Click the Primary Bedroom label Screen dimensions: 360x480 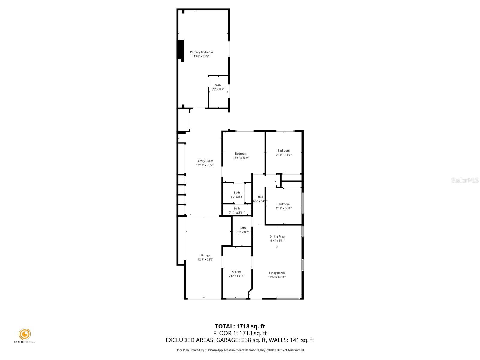tap(201, 52)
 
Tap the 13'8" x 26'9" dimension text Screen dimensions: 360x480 tap(201, 56)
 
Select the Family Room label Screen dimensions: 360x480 tap(205, 161)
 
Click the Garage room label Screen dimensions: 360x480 tap(205, 256)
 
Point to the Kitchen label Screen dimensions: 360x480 tap(236, 272)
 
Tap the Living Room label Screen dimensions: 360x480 tap(277, 273)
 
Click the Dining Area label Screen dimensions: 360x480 tap(277, 236)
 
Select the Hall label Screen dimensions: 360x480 tap(260, 197)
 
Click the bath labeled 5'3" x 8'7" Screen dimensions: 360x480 tap(218, 87)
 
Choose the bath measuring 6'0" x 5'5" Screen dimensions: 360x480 tap(237, 195)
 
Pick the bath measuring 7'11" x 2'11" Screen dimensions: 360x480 tap(237, 211)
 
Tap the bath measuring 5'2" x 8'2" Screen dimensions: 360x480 tap(242, 230)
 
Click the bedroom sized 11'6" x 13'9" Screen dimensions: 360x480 tap(241, 155)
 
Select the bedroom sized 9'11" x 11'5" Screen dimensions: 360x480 tap(283, 152)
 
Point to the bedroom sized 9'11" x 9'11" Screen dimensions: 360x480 tap(283, 206)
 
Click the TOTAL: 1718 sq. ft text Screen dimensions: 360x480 tap(240, 326)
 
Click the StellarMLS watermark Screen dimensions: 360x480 tap(465, 180)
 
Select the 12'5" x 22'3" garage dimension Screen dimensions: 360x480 tap(205, 260)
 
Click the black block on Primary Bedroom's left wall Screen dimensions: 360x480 tap(181, 50)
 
